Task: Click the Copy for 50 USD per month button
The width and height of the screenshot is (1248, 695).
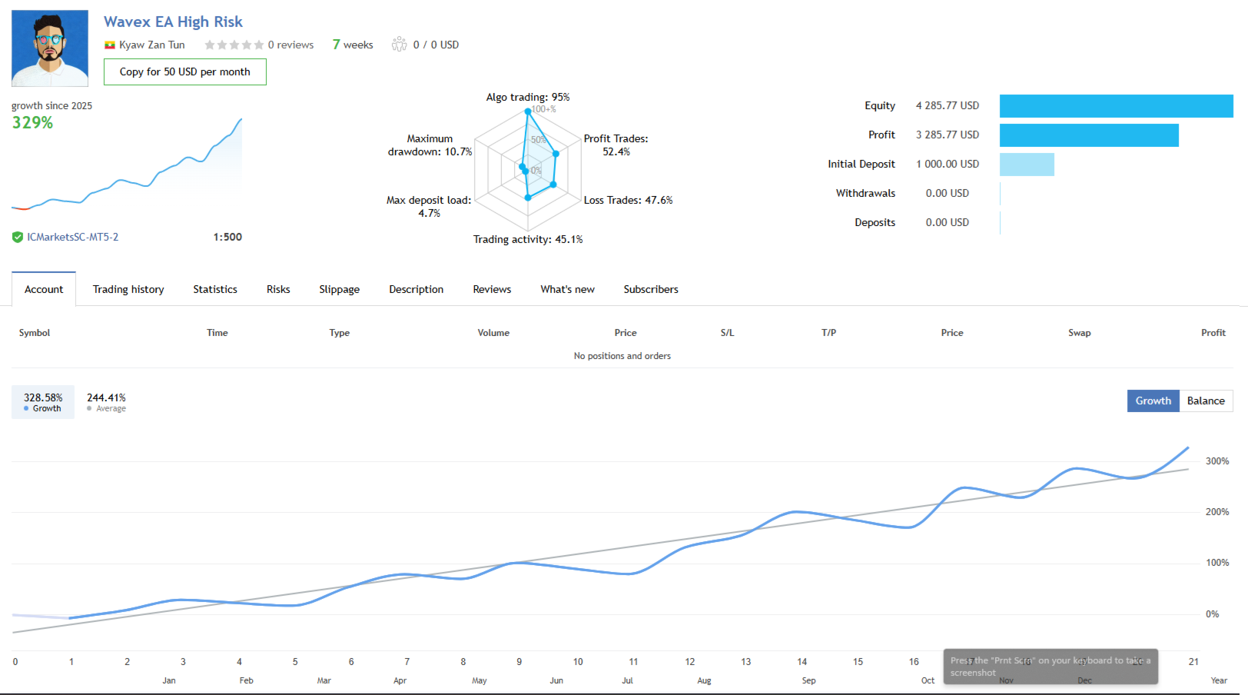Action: click(184, 71)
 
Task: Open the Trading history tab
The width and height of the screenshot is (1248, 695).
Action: click(128, 289)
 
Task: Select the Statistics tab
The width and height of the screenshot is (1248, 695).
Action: click(215, 289)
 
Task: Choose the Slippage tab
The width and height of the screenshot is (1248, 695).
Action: click(339, 289)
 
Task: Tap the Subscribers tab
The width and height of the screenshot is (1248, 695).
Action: click(651, 289)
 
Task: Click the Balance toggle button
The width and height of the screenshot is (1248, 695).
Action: click(1206, 401)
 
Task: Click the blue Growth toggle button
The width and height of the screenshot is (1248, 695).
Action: click(1153, 401)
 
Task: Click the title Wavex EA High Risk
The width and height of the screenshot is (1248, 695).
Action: click(173, 22)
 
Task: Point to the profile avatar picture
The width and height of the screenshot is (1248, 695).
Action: click(50, 48)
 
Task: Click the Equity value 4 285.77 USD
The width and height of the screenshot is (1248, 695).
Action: click(947, 105)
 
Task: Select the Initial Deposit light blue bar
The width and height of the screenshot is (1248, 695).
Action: click(1027, 164)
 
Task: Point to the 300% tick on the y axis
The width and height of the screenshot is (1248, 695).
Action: click(1216, 461)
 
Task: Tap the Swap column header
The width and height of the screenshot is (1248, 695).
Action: click(1079, 333)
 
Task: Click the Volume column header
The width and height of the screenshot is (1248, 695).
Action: click(493, 333)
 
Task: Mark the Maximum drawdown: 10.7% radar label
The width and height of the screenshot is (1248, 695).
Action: click(430, 145)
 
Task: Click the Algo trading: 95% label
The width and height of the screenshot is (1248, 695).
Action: click(528, 97)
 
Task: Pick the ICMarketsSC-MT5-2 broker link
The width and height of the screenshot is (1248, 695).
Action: click(72, 237)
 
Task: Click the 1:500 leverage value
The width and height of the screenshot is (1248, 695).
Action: click(227, 237)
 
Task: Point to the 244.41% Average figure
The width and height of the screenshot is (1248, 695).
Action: click(106, 397)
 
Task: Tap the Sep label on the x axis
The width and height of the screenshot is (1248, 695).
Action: click(808, 680)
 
